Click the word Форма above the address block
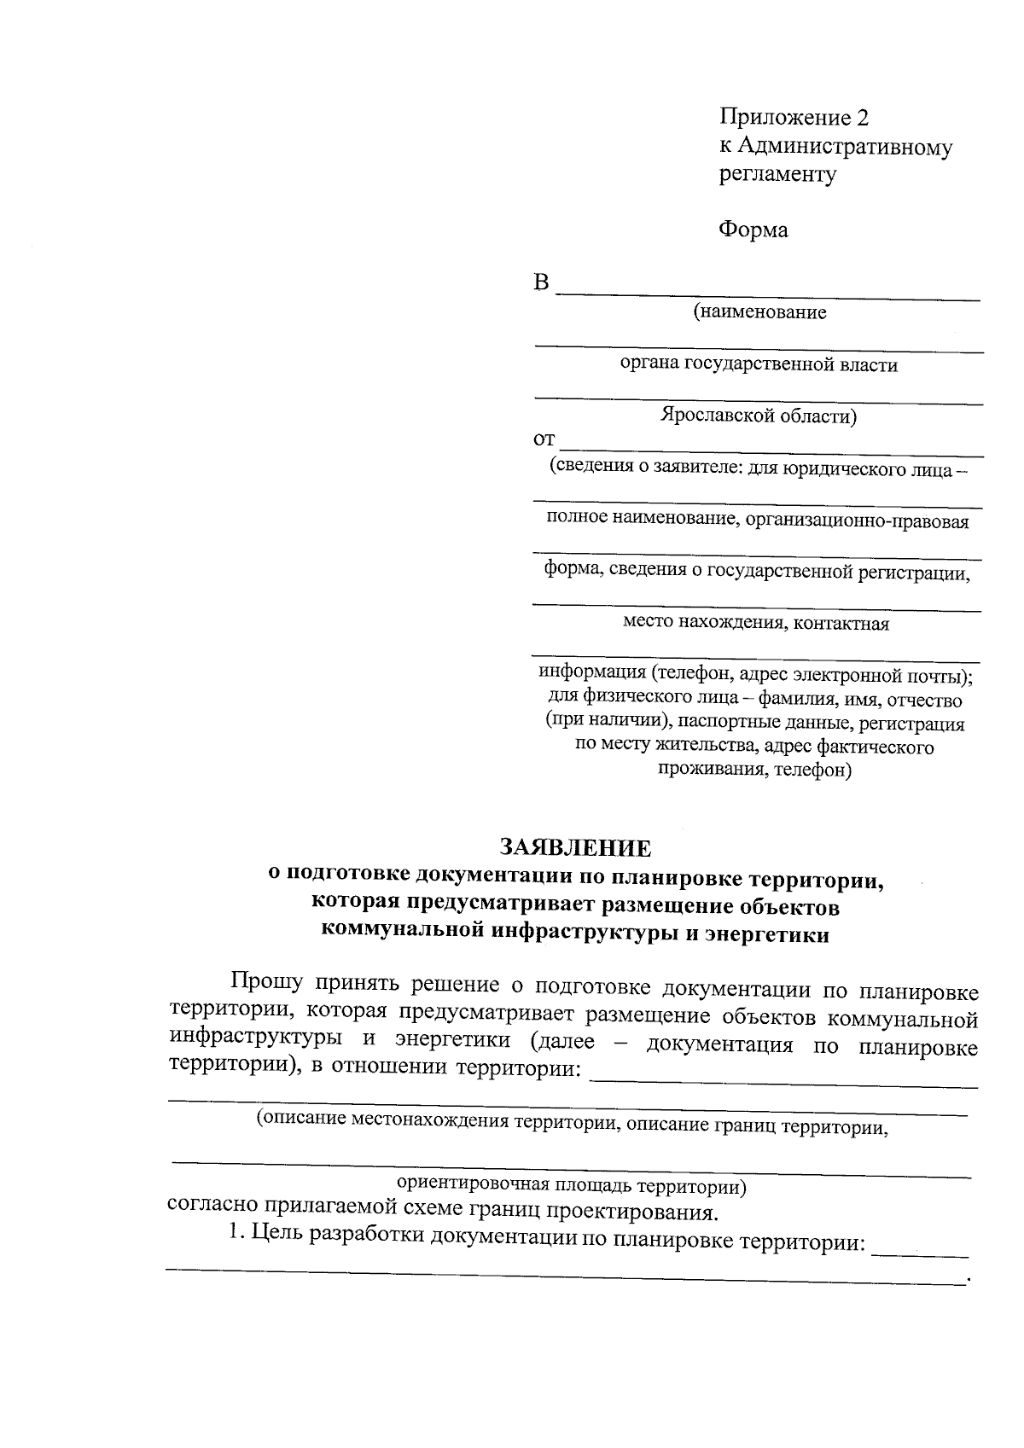click(753, 230)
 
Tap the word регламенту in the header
click(777, 175)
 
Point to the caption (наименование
click(759, 312)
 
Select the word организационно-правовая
click(857, 521)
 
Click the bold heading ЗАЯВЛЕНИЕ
click(575, 848)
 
